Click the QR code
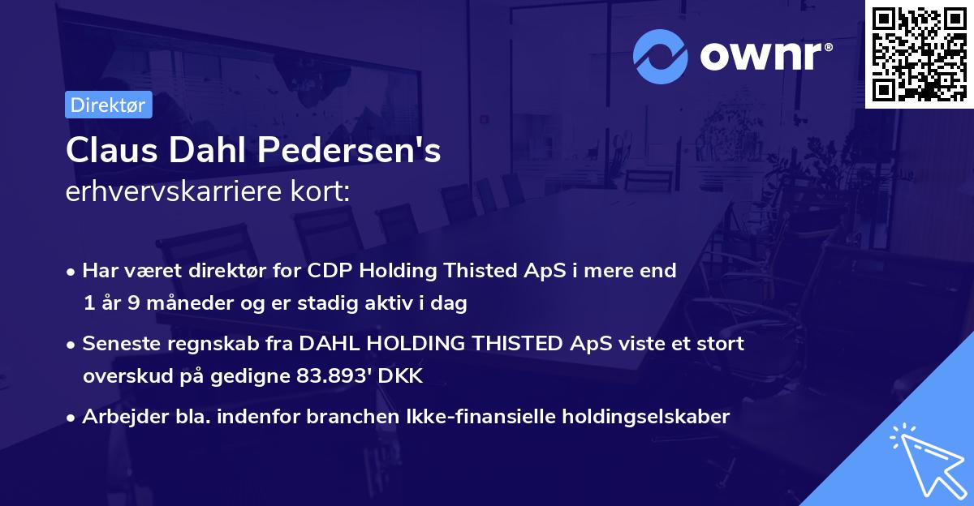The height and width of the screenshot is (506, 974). pyautogui.click(x=919, y=54)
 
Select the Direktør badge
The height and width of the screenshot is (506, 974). pyautogui.click(x=108, y=105)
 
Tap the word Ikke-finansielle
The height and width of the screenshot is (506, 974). pyautogui.click(x=475, y=417)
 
